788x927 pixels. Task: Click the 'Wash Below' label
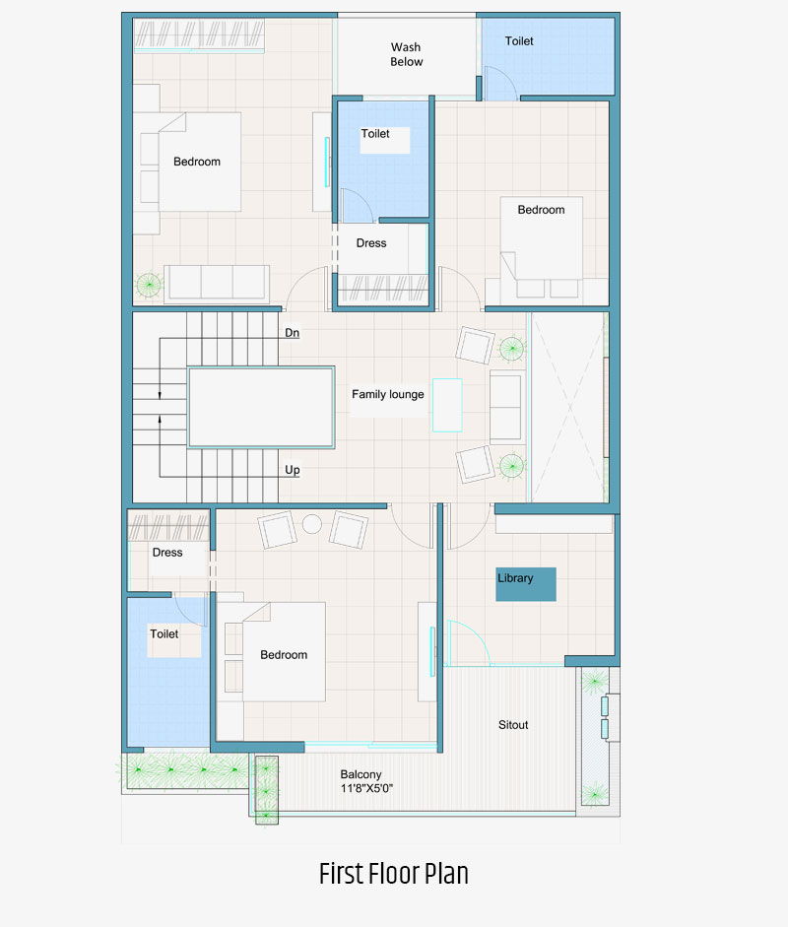click(x=406, y=54)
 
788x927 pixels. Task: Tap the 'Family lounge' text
click(x=388, y=394)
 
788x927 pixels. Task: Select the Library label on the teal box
click(x=515, y=578)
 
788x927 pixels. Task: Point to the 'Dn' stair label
click(x=292, y=333)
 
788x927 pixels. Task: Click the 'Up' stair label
click(x=292, y=470)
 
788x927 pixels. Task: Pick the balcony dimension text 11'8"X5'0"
click(x=366, y=788)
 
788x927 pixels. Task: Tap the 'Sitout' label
click(x=513, y=725)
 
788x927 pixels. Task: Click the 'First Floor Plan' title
click(x=394, y=874)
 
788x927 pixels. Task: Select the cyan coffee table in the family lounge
click(x=447, y=405)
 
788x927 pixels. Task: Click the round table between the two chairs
click(x=312, y=524)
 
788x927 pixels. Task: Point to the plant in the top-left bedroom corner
click(x=149, y=285)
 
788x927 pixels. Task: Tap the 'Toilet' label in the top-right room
click(x=519, y=40)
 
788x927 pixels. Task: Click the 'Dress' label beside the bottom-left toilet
click(x=167, y=553)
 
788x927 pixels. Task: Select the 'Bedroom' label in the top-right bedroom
click(x=541, y=210)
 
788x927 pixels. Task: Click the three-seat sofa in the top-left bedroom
click(x=217, y=284)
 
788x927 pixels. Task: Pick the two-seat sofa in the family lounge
click(x=505, y=407)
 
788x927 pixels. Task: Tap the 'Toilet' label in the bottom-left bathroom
click(x=164, y=633)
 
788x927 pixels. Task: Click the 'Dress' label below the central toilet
click(x=371, y=243)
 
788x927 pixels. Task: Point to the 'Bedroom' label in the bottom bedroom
click(x=284, y=654)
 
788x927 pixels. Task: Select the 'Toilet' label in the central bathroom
click(x=375, y=134)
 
